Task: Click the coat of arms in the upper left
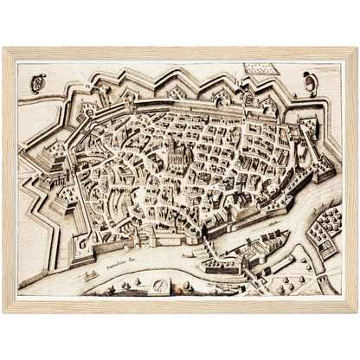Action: click(x=35, y=83)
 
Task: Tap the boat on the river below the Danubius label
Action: click(x=89, y=274)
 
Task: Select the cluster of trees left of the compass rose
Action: click(x=130, y=283)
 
